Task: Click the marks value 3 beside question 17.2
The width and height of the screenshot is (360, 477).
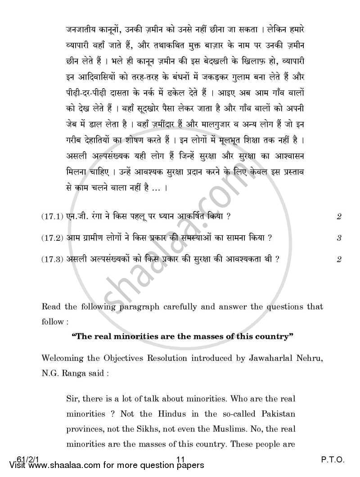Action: [x=339, y=238]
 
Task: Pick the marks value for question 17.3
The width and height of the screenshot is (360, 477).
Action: [x=339, y=259]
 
